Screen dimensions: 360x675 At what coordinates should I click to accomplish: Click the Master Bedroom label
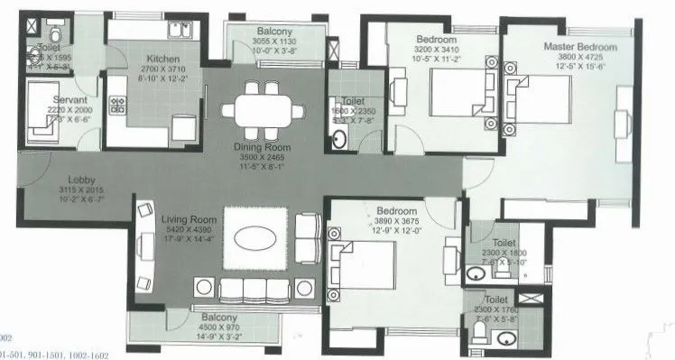pyautogui.click(x=579, y=46)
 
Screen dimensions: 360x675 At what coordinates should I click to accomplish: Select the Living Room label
pyautogui.click(x=186, y=219)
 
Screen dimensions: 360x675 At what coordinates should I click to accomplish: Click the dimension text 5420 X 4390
pyautogui.click(x=186, y=230)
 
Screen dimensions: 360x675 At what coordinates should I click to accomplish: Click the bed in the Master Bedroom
pyautogui.click(x=541, y=98)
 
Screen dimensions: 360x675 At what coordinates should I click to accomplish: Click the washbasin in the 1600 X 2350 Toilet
pyautogui.click(x=339, y=140)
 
